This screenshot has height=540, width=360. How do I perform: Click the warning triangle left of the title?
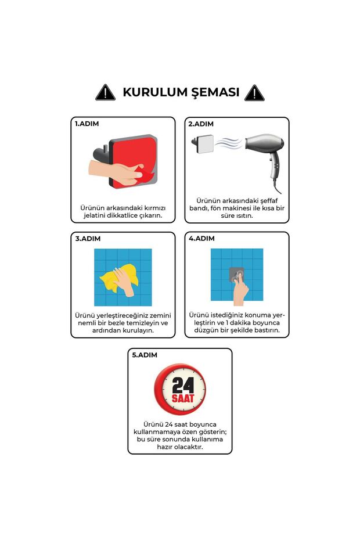coord(105,92)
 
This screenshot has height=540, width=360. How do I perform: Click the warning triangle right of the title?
coord(254,92)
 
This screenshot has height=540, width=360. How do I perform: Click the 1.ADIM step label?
coord(87,124)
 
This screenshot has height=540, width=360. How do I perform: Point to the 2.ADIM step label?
coord(201,124)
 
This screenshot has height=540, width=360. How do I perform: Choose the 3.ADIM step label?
coord(87,239)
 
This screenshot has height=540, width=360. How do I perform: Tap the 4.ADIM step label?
coord(201,239)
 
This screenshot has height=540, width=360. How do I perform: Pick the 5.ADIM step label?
coord(144,354)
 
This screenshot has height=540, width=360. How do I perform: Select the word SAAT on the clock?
coord(179,398)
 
